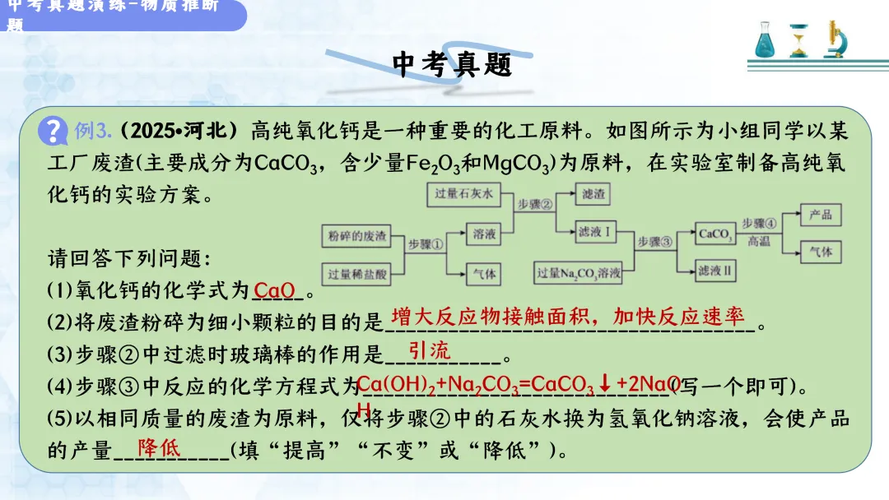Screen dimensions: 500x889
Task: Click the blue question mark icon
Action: tap(55, 130)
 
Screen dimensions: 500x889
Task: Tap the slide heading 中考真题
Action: tap(452, 64)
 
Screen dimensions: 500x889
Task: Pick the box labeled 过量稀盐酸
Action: tap(356, 274)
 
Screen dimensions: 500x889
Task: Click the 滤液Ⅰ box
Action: tap(593, 233)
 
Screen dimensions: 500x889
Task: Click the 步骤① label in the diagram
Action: tap(426, 244)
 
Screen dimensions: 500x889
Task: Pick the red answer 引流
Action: tap(430, 351)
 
